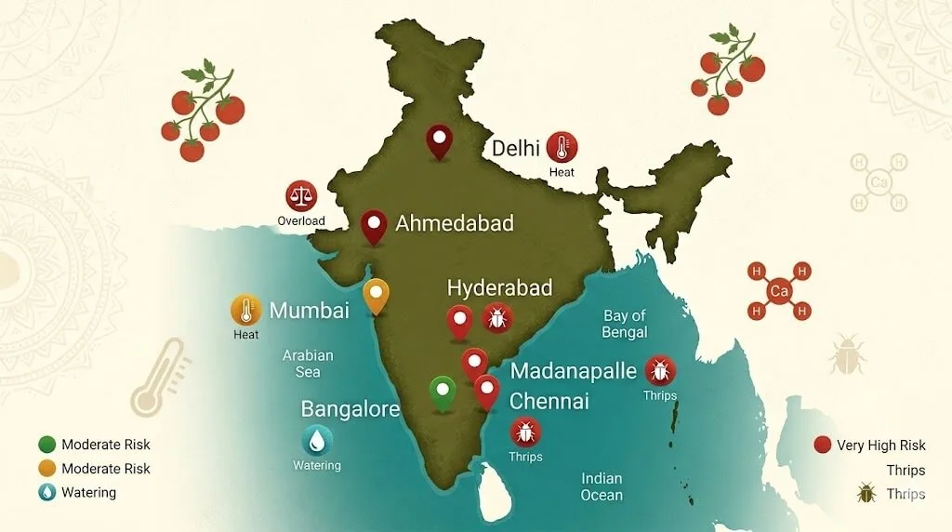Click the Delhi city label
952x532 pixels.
point(516,148)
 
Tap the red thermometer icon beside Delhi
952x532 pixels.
point(562,147)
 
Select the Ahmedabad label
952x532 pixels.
point(455,223)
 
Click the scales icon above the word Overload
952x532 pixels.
point(300,196)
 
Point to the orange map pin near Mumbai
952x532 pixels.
point(376,296)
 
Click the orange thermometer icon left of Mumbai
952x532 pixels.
point(245,310)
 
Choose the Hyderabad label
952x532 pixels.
point(499,287)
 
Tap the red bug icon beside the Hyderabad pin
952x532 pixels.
point(497,319)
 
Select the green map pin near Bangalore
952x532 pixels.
point(443,392)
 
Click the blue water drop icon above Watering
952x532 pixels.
point(317,440)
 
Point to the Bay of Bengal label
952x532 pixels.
point(625,324)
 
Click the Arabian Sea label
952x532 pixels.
point(308,364)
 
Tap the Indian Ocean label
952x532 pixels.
point(602,486)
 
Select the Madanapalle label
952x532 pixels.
point(574,371)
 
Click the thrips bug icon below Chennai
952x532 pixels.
point(525,432)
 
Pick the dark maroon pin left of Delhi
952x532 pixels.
point(439,141)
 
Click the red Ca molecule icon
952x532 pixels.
point(779,292)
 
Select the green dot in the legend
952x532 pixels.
point(47,445)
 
